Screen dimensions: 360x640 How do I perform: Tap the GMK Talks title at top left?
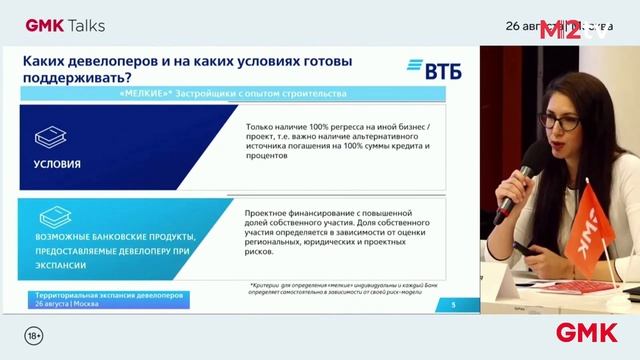pyautogui.click(x=65, y=24)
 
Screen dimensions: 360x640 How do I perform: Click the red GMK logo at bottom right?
pyautogui.click(x=587, y=332)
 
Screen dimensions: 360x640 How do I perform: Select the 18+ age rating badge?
pyautogui.click(x=33, y=332)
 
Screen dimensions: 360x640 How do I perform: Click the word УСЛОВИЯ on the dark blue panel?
pyautogui.click(x=57, y=163)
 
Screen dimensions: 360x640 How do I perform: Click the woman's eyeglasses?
pyautogui.click(x=557, y=121)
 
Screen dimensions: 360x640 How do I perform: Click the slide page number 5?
pyautogui.click(x=454, y=305)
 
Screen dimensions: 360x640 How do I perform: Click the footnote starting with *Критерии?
pyautogui.click(x=350, y=289)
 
